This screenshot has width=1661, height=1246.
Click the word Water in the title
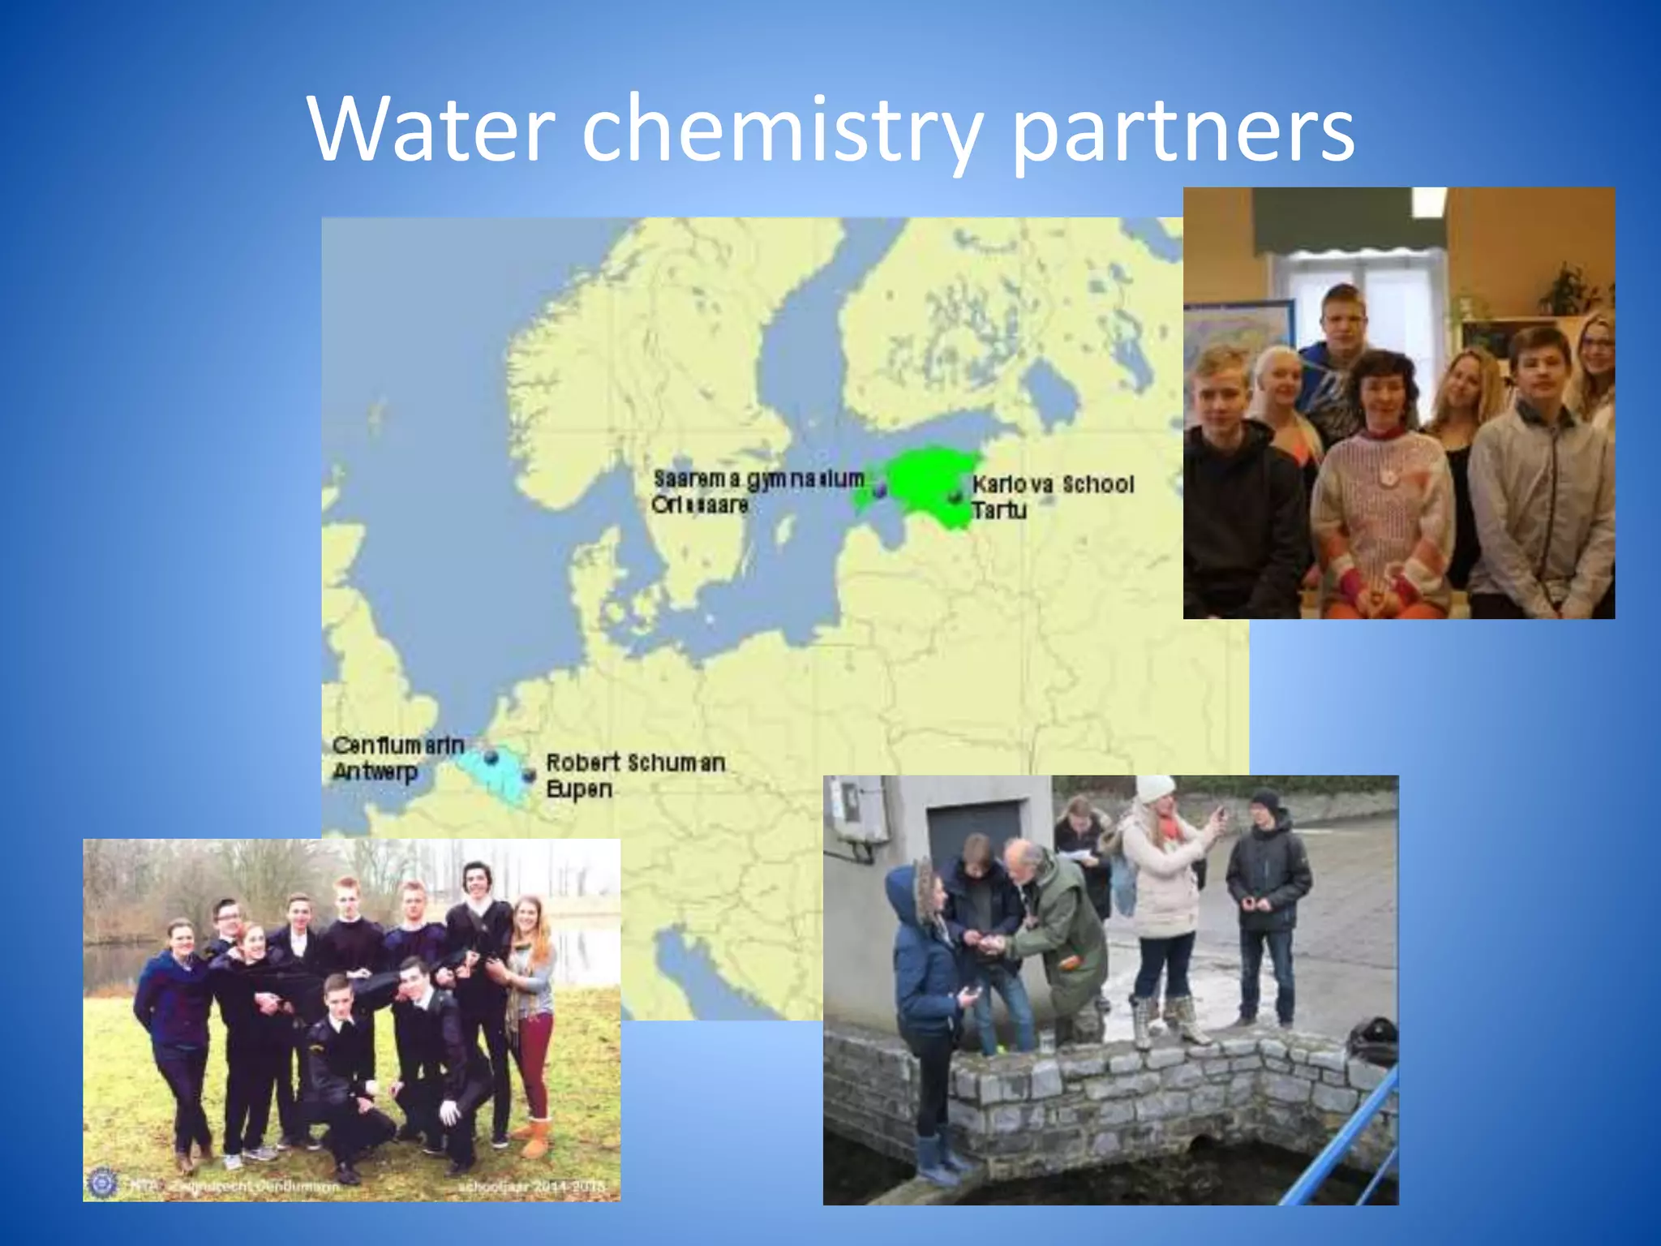[x=431, y=130]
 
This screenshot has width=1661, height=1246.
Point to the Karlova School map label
[x=1053, y=484]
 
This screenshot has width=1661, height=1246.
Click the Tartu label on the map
[x=999, y=510]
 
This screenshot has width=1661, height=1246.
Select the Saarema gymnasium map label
[x=758, y=479]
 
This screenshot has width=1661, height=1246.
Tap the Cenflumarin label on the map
[x=398, y=745]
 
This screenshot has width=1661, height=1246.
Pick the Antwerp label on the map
[x=375, y=771]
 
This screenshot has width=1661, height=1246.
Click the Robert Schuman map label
[x=635, y=763]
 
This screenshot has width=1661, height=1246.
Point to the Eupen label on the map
[x=579, y=788]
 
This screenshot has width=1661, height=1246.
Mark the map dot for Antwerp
[x=491, y=757]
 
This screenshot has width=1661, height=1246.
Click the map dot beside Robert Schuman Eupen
[x=529, y=776]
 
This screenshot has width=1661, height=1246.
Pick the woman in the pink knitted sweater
[x=1381, y=495]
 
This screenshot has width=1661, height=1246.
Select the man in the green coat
[x=1058, y=933]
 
